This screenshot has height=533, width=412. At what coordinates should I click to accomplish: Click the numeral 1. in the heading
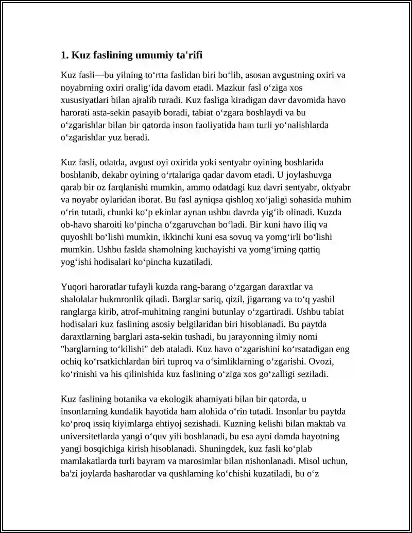(x=64, y=55)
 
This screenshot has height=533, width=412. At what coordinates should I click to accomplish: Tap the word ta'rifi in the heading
(x=193, y=55)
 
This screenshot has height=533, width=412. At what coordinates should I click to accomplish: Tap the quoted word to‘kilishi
(x=117, y=348)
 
